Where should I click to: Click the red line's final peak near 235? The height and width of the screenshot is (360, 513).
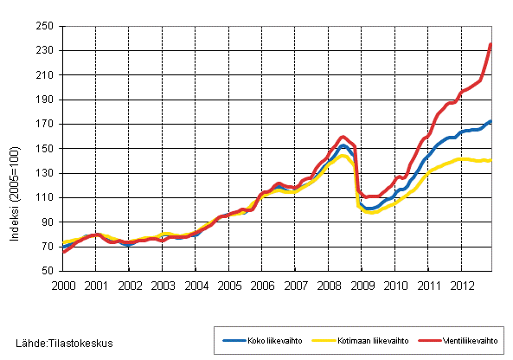pyautogui.click(x=491, y=44)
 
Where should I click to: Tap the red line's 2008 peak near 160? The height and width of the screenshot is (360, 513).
pyautogui.click(x=343, y=137)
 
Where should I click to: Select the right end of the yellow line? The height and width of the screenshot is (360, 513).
pyautogui.click(x=491, y=160)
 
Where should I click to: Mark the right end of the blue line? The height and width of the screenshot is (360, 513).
pyautogui.click(x=491, y=121)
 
